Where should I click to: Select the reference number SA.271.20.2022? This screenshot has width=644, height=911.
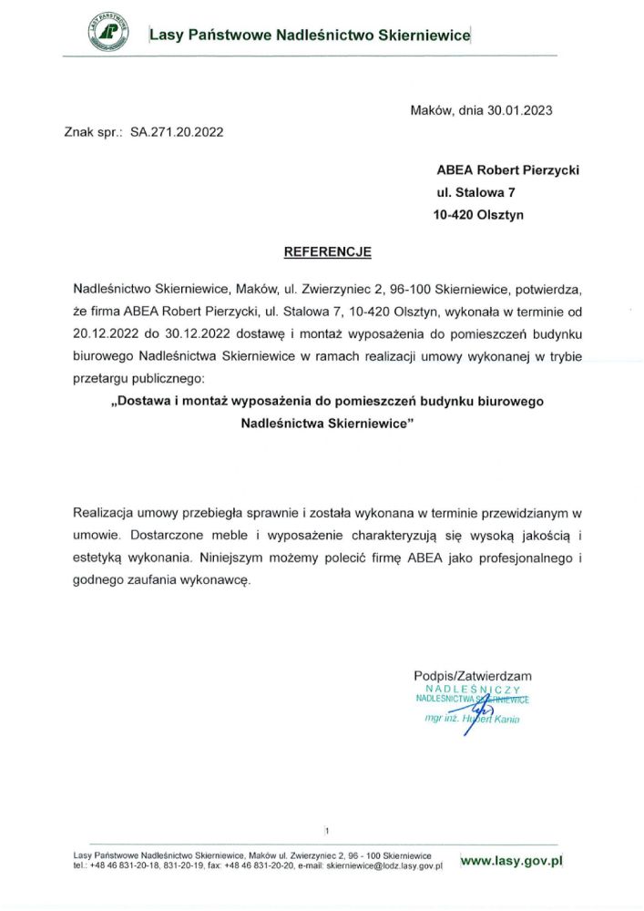177,131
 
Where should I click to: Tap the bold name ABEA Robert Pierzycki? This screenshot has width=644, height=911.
507,169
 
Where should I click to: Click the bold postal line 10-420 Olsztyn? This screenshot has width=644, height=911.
478,215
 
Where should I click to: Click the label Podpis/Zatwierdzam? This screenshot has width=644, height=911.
472,676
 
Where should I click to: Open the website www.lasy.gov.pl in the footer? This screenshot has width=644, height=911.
513,859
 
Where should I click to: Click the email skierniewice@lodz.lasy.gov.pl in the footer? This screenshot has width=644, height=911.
383,866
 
